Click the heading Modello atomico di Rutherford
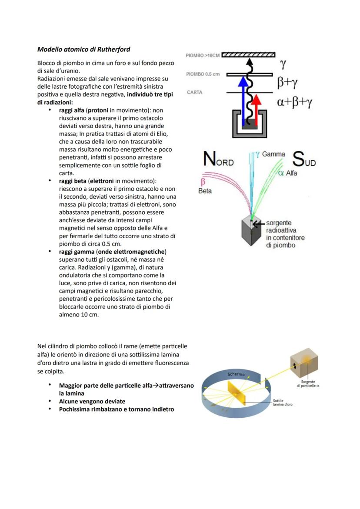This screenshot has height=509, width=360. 83,49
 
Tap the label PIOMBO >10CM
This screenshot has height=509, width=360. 202,56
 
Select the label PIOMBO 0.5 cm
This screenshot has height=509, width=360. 203,74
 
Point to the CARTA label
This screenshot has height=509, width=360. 194,92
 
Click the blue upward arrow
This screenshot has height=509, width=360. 243,100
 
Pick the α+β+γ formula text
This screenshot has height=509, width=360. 295,102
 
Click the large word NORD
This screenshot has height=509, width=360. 218,160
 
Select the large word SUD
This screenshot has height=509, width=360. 304,160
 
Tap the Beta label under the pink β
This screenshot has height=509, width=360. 205,191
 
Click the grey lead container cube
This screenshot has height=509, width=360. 250,232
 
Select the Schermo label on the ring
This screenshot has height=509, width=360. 236,374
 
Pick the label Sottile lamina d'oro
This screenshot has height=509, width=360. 283,402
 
